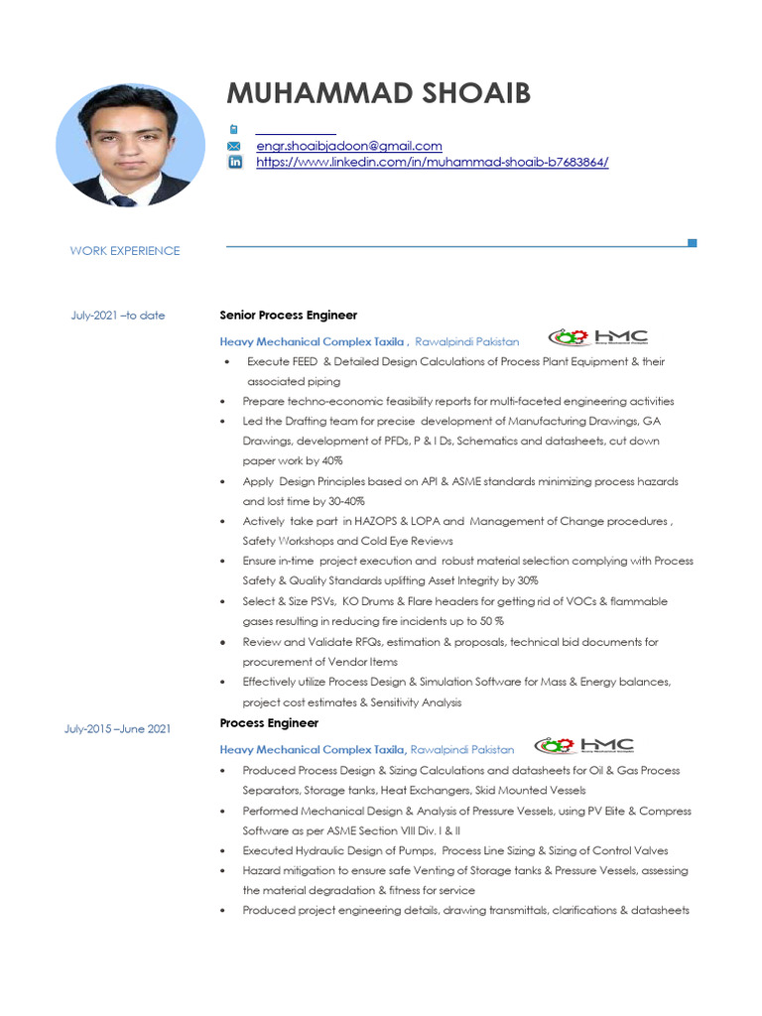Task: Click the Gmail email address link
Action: point(349,146)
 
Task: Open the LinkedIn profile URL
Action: point(432,162)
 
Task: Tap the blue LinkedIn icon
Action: point(235,162)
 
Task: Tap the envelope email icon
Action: point(235,146)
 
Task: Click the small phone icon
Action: point(234,129)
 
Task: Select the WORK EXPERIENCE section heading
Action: point(125,251)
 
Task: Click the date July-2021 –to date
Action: point(118,316)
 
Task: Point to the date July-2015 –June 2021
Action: point(118,729)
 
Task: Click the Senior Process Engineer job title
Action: point(288,316)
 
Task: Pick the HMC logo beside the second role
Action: point(584,745)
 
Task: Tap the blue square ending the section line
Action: point(692,243)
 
